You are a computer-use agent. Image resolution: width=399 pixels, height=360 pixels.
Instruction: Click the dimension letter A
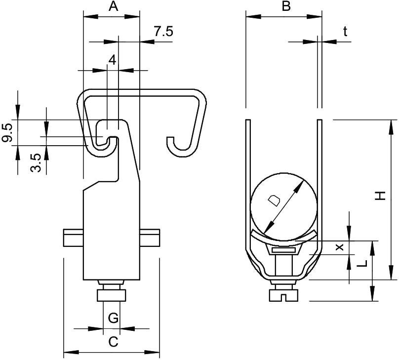114,6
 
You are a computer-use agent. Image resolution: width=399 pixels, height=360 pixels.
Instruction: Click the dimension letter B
286,6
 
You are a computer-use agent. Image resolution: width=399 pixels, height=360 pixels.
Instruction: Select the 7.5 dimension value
163,32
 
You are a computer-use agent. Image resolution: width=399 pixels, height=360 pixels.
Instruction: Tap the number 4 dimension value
113,61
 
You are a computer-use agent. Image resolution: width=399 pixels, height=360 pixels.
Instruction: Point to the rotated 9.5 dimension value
7,132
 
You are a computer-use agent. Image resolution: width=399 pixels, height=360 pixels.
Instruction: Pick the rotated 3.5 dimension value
36,163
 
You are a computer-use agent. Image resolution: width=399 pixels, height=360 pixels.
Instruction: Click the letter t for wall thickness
345,32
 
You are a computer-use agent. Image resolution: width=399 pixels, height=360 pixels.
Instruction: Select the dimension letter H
381,196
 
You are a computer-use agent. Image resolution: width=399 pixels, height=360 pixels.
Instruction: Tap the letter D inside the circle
274,200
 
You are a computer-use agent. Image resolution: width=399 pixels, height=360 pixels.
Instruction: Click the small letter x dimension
339,247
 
